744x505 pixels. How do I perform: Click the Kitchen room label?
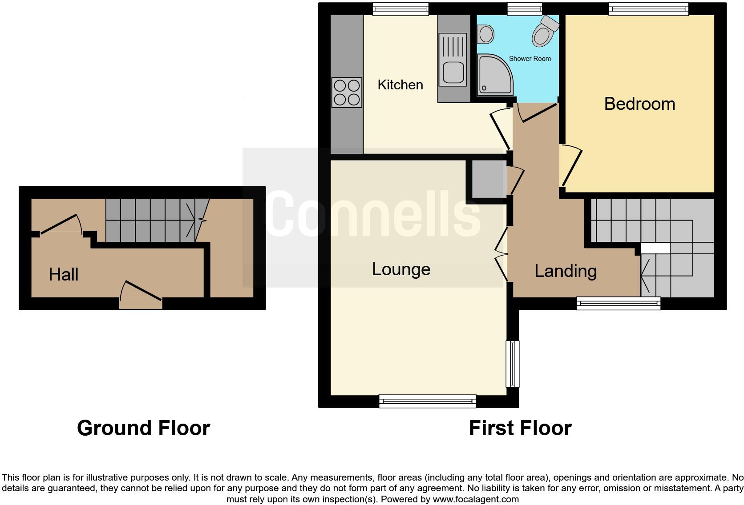[400, 84]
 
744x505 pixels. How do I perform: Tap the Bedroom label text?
[639, 104]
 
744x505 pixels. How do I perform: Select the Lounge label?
[401, 269]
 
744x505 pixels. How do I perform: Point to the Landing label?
[565, 271]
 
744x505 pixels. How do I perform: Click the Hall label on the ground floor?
[64, 274]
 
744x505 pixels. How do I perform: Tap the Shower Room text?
[530, 58]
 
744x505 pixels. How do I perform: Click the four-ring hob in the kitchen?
[347, 92]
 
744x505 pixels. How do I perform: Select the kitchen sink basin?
[453, 72]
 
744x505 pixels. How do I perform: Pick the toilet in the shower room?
[544, 31]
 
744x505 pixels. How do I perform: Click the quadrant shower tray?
[493, 76]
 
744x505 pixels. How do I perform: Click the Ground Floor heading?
[143, 428]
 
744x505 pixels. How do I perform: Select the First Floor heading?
[520, 428]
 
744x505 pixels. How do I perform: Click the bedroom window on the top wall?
[648, 9]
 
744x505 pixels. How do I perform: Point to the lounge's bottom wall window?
[427, 401]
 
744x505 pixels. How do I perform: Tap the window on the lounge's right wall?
[513, 364]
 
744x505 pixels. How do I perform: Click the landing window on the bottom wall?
[619, 303]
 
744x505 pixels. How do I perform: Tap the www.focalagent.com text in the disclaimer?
[476, 499]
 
